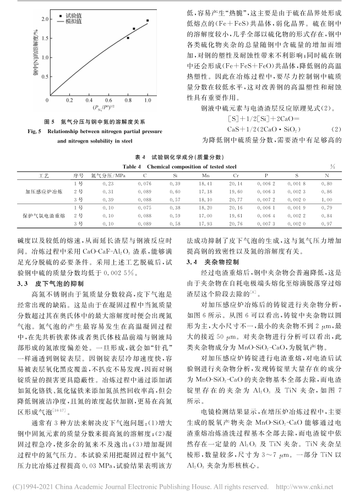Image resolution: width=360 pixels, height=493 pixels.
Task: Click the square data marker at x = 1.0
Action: [148, 20]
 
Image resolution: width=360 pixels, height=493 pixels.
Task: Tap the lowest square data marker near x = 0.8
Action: [128, 38]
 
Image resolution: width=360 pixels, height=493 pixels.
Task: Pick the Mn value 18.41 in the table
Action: [206, 182]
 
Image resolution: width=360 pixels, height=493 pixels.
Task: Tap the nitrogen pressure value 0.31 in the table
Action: [107, 190]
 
